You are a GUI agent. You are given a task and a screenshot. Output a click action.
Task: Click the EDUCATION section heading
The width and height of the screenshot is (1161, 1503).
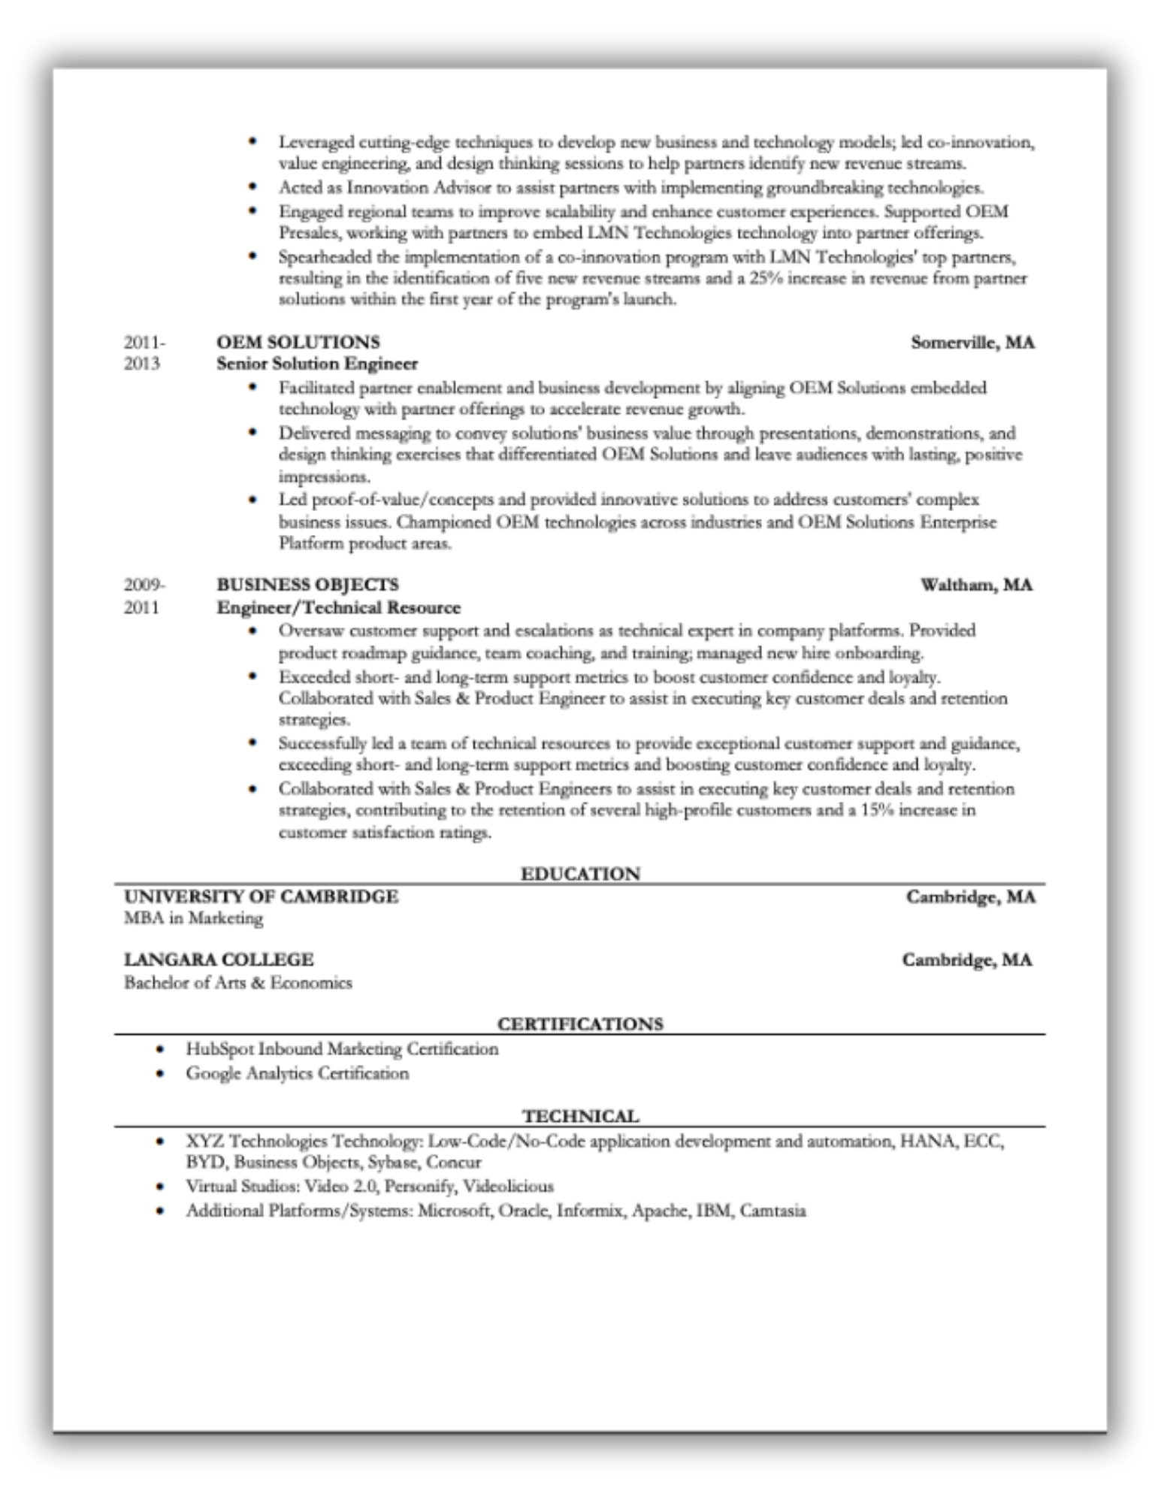(580, 873)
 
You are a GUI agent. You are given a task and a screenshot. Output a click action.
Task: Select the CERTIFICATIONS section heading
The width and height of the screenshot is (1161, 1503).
(580, 1024)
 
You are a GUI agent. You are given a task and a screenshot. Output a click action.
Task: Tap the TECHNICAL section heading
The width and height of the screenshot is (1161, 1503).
(580, 1116)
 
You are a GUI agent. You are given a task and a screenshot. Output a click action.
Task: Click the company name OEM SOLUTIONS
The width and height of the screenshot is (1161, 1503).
(298, 342)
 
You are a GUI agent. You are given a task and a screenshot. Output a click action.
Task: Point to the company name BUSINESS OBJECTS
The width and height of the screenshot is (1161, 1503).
(307, 585)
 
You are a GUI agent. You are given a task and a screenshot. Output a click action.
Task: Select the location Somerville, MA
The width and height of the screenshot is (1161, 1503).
(972, 343)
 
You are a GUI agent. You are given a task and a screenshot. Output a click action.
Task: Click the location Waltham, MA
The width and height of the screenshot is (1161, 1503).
(977, 585)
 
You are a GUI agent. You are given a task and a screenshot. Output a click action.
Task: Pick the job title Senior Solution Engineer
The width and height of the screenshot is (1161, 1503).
(316, 364)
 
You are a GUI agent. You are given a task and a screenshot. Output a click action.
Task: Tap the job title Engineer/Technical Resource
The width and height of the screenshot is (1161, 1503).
(338, 607)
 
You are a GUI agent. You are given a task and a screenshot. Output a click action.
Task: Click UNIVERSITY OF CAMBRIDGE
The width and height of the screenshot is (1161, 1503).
(261, 897)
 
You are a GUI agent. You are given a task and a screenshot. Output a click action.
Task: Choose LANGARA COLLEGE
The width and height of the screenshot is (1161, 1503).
(219, 960)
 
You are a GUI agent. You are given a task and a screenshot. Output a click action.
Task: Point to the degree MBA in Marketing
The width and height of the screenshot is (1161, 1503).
(193, 918)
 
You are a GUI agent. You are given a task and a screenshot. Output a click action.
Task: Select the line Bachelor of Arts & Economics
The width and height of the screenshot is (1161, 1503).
(237, 982)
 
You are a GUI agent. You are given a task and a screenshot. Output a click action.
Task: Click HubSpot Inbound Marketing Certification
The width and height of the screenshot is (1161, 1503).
(342, 1049)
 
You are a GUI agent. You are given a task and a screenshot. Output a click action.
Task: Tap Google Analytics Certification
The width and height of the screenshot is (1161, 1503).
(298, 1073)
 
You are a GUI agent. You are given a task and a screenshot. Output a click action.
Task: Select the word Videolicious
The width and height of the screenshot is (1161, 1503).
(508, 1187)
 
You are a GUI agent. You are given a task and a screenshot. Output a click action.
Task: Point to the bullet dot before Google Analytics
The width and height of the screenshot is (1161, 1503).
(159, 1073)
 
